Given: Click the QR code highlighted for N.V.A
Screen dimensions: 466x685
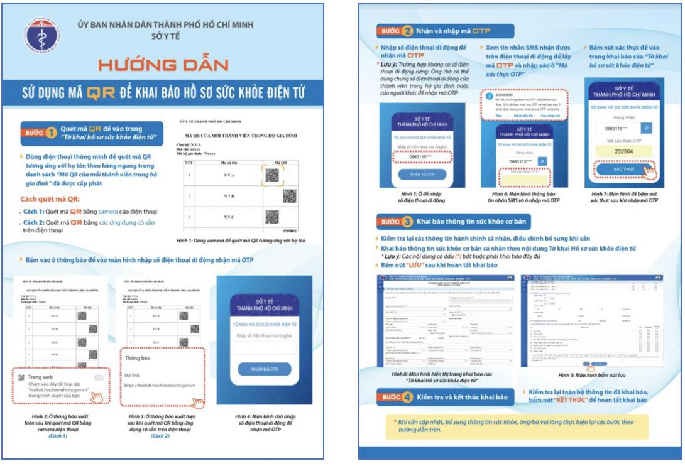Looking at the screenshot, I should coord(272,176).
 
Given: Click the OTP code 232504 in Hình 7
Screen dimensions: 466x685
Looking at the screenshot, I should coord(618,151).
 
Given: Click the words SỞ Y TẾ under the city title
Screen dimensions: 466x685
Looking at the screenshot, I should coord(164,36).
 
